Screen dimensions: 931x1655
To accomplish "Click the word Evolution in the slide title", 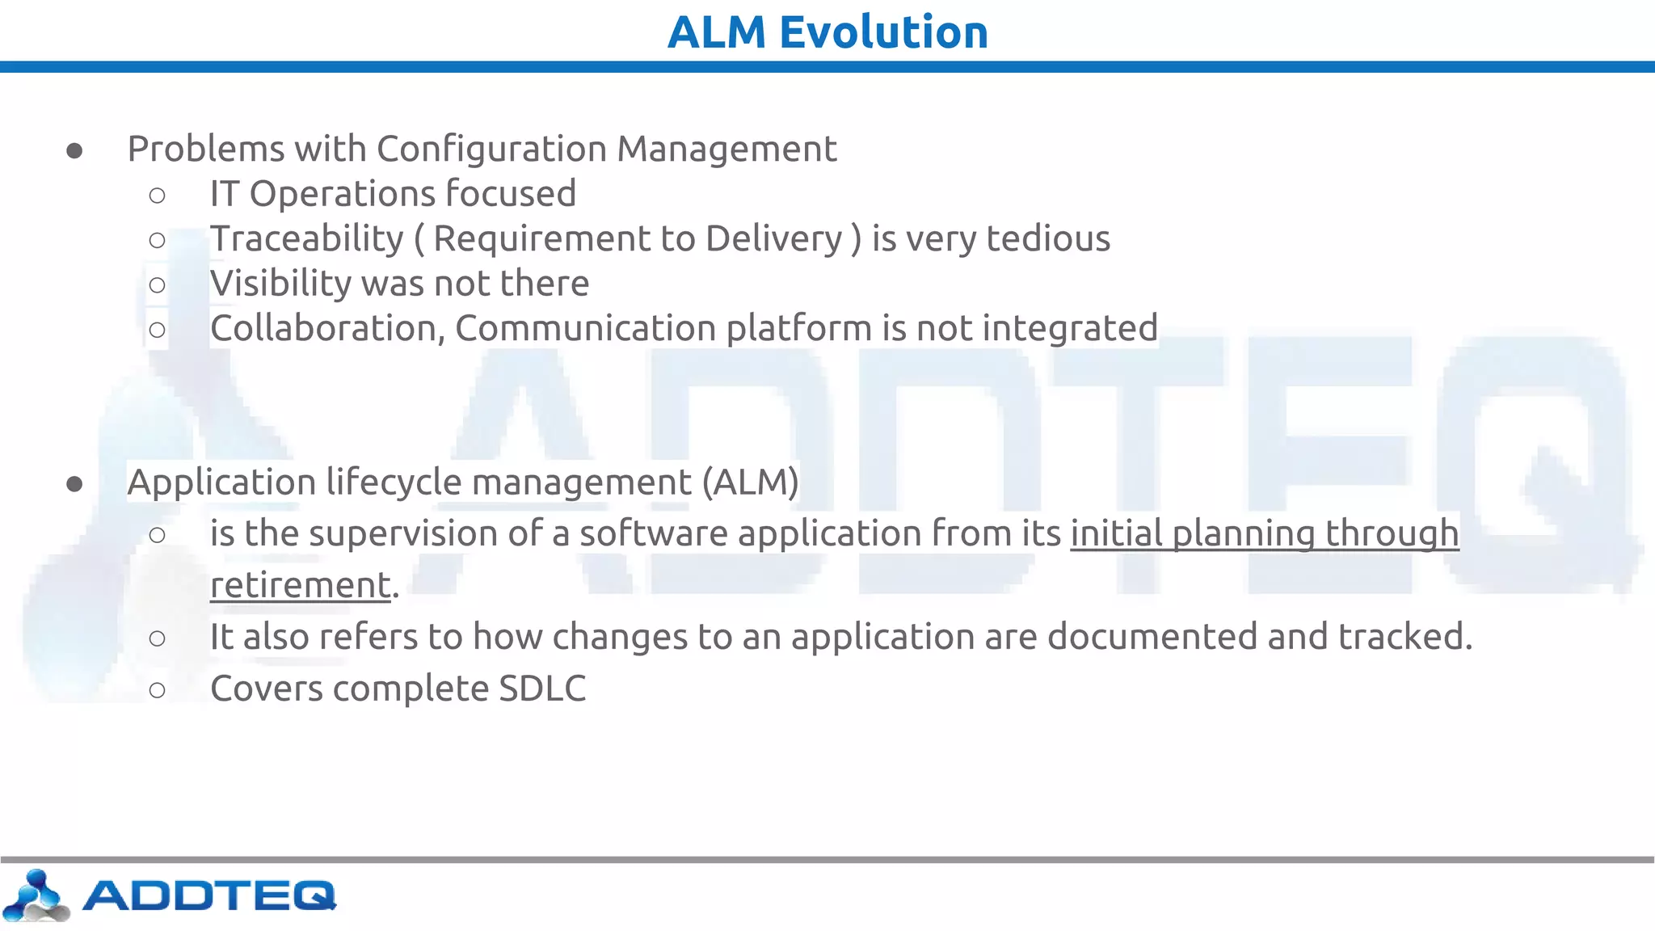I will [x=883, y=32].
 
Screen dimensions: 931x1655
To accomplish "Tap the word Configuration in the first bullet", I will [x=491, y=150].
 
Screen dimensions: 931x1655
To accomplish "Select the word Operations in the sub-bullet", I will [x=343, y=194].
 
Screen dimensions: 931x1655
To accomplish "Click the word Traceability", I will [x=307, y=238].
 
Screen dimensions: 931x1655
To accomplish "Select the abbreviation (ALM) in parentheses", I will [x=750, y=482].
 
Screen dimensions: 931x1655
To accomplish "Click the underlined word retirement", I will [x=301, y=585].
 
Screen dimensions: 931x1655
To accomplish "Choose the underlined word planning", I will [x=1243, y=533].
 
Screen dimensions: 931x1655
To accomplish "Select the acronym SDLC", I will [x=542, y=689].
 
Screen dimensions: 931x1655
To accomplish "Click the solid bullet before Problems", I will [x=74, y=151].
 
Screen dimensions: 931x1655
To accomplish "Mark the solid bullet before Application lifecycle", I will [x=74, y=484].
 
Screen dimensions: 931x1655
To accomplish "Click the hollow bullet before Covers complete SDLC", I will [x=158, y=690].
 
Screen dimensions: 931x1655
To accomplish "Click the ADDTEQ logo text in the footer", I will [x=208, y=895].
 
